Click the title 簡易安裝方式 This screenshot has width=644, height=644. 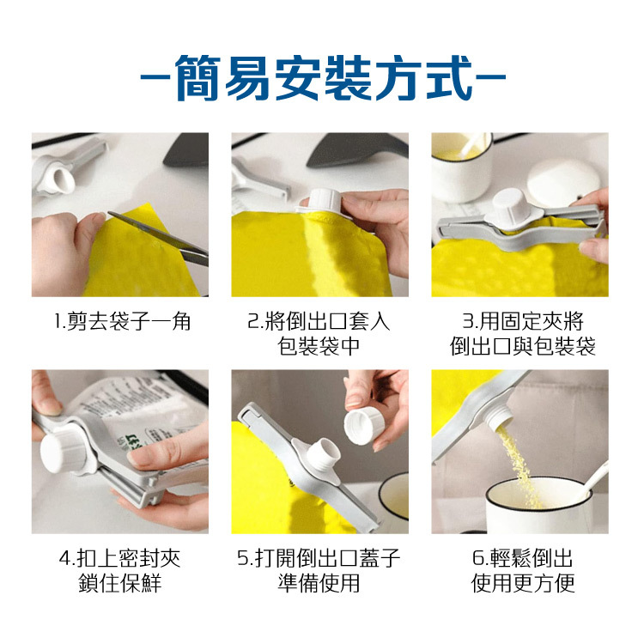pyautogui.click(x=322, y=77)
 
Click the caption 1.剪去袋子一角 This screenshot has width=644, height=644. pyautogui.click(x=123, y=321)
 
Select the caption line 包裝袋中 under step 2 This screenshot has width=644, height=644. pyautogui.click(x=319, y=346)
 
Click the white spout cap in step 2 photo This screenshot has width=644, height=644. pyautogui.click(x=324, y=201)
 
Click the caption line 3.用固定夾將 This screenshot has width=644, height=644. pyautogui.click(x=522, y=321)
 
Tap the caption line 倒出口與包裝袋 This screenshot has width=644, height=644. pyautogui.click(x=522, y=346)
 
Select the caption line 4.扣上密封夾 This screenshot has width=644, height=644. pyautogui.click(x=120, y=558)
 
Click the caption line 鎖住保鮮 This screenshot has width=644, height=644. pyautogui.click(x=120, y=583)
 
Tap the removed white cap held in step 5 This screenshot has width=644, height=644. pyautogui.click(x=364, y=425)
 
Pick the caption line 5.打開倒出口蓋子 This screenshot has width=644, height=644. pyautogui.click(x=319, y=558)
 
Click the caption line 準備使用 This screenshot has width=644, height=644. pyautogui.click(x=319, y=583)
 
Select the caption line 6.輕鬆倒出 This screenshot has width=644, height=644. pyautogui.click(x=522, y=558)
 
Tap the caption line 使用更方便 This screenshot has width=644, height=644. pyautogui.click(x=522, y=583)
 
